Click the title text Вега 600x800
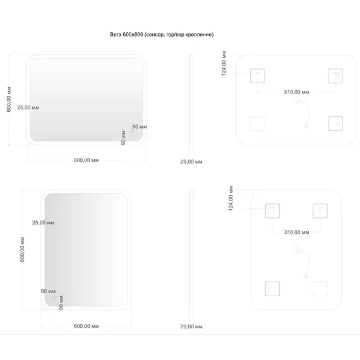(126, 35)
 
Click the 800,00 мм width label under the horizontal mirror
(87, 160)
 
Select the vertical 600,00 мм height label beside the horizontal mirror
(9, 99)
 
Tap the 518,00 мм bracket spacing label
(296, 92)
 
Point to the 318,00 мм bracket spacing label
(296, 232)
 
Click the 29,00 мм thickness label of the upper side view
(191, 162)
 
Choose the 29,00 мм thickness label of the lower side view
(191, 327)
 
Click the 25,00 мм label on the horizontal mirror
(28, 107)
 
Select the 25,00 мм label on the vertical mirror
(43, 223)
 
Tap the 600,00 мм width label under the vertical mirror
(87, 326)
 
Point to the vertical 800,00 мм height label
(22, 249)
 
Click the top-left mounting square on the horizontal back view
(258, 76)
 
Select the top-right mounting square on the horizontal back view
(335, 76)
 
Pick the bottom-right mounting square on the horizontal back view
(335, 124)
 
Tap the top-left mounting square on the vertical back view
(272, 211)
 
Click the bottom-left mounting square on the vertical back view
(272, 289)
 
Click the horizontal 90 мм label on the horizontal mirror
(140, 127)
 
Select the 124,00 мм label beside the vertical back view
(231, 198)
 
